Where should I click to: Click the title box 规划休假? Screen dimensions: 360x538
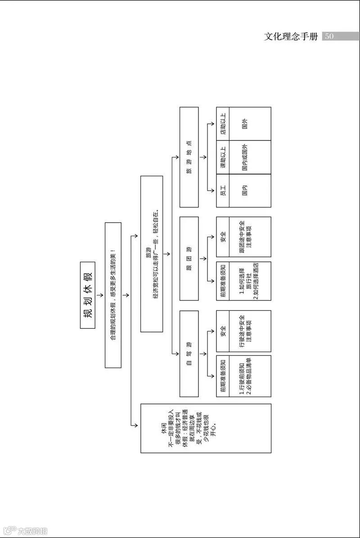click(x=88, y=295)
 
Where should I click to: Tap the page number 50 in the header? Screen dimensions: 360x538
click(x=329, y=36)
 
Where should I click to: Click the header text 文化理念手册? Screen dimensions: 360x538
click(x=291, y=36)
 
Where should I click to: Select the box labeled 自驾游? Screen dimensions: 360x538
click(x=189, y=353)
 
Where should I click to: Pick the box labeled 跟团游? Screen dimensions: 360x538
click(x=189, y=258)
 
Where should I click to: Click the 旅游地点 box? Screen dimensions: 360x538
click(x=189, y=157)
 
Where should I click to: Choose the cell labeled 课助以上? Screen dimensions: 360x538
click(x=223, y=157)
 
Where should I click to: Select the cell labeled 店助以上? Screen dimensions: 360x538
click(x=223, y=124)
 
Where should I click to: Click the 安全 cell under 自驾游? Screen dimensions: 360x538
click(x=223, y=331)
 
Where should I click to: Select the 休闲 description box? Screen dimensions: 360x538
click(x=206, y=428)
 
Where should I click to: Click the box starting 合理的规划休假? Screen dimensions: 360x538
click(x=113, y=295)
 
